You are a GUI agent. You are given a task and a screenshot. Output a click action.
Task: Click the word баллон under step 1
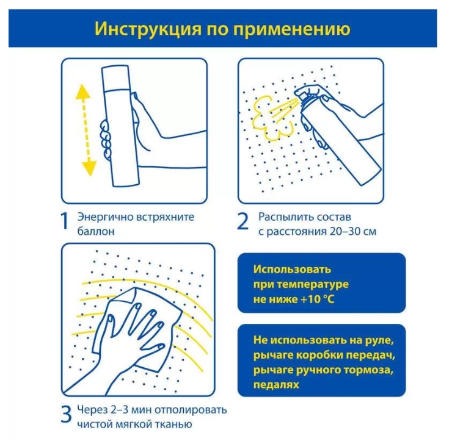point(95,232)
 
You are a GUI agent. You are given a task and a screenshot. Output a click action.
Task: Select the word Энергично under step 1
point(102,217)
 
